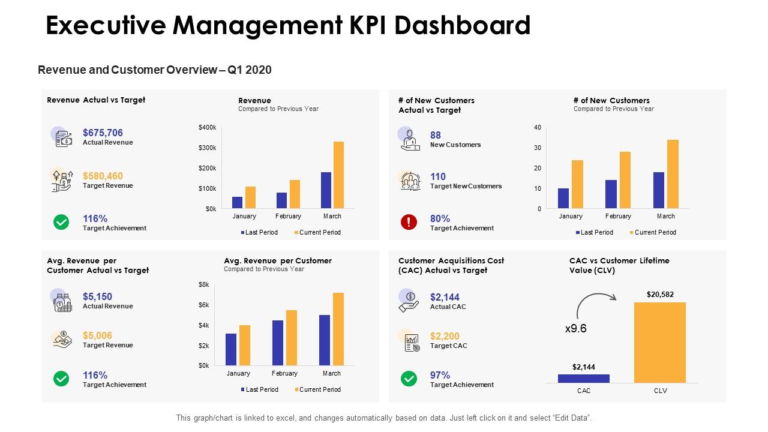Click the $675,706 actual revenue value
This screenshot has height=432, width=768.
point(103,133)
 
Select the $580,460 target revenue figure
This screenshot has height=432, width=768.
point(103,176)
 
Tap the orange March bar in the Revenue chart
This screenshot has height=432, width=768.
point(338,175)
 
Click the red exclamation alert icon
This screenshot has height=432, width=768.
point(409,222)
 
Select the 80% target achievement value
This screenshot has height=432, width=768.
point(440,218)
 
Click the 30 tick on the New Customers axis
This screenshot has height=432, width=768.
point(538,148)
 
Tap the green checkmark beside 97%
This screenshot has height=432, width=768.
point(409,379)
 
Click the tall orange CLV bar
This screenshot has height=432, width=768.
point(659,342)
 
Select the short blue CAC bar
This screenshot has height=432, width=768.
point(583,378)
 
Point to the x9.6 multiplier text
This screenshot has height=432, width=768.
point(575,329)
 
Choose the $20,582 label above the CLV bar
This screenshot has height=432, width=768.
point(660,294)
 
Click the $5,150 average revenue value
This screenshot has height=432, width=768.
point(97,296)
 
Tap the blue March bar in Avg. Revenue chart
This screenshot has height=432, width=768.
point(325,340)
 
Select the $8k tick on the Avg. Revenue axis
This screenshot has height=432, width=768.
point(204,284)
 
